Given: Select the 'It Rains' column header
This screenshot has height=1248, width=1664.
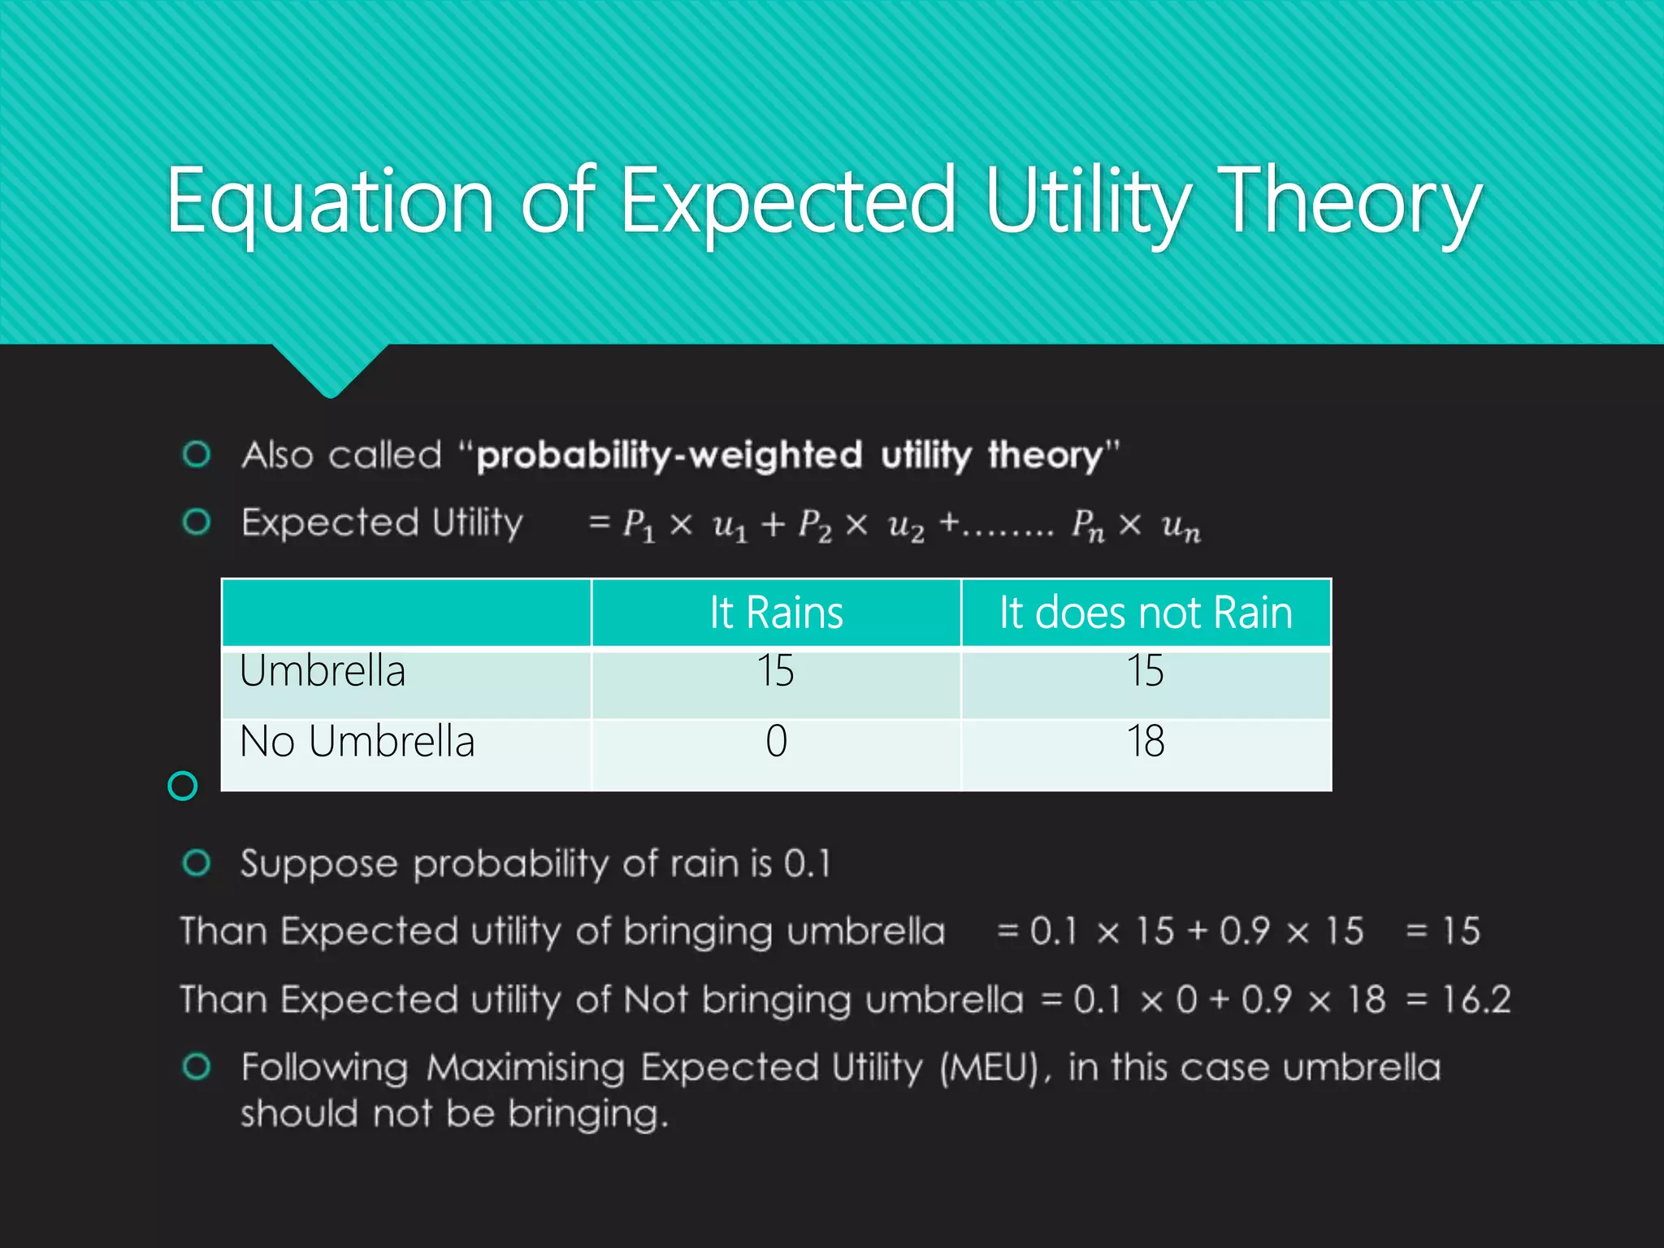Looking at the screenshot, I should click(776, 613).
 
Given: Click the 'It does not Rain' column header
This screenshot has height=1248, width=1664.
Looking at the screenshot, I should click(1146, 613).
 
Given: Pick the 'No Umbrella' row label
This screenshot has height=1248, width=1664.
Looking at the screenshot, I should click(357, 741).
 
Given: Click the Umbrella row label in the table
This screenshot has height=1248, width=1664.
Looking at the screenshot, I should click(322, 671).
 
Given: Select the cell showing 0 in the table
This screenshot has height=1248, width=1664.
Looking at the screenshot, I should click(776, 741).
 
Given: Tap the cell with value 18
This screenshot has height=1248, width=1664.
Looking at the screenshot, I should click(1145, 741).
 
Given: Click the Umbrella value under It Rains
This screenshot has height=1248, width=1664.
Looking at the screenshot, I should click(775, 671).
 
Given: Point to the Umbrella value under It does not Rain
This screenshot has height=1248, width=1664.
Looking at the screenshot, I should click(1145, 671).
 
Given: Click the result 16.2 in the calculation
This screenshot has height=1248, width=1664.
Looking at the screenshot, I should click(1475, 999).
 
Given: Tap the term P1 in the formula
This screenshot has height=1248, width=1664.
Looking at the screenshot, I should click(638, 525).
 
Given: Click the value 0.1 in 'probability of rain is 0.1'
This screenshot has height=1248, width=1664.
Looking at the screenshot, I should click(807, 864).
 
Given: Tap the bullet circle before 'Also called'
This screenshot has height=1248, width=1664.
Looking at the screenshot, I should click(197, 454).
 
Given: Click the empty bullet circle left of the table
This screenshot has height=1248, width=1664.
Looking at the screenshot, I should click(183, 786).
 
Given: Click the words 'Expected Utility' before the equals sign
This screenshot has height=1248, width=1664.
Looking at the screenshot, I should click(382, 522).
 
